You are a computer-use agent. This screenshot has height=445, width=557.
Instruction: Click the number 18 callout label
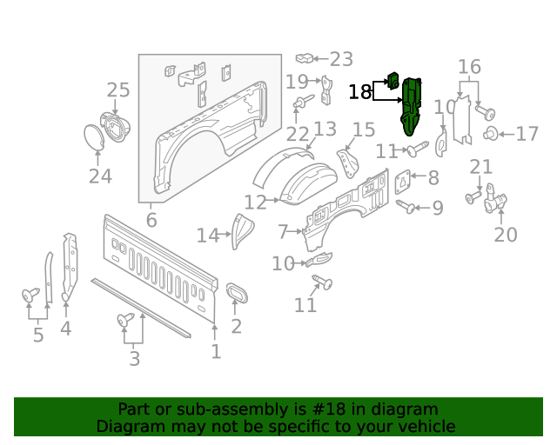point(360,92)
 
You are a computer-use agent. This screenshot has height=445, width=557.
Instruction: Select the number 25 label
point(118,90)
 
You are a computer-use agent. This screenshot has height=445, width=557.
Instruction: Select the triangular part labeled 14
point(241,231)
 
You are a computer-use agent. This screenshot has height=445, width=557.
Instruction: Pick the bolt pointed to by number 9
point(406,206)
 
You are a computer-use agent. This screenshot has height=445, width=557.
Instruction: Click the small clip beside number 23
point(305,58)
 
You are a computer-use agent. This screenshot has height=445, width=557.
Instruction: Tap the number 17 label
point(527,134)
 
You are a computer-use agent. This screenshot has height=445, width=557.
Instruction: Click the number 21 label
point(481,167)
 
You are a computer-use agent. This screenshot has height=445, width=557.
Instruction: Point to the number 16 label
point(469,67)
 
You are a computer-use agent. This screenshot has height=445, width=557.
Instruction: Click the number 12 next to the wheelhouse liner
point(255,203)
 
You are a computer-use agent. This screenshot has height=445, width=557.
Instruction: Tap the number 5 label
point(38,334)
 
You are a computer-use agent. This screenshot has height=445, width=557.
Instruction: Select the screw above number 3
point(125,322)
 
